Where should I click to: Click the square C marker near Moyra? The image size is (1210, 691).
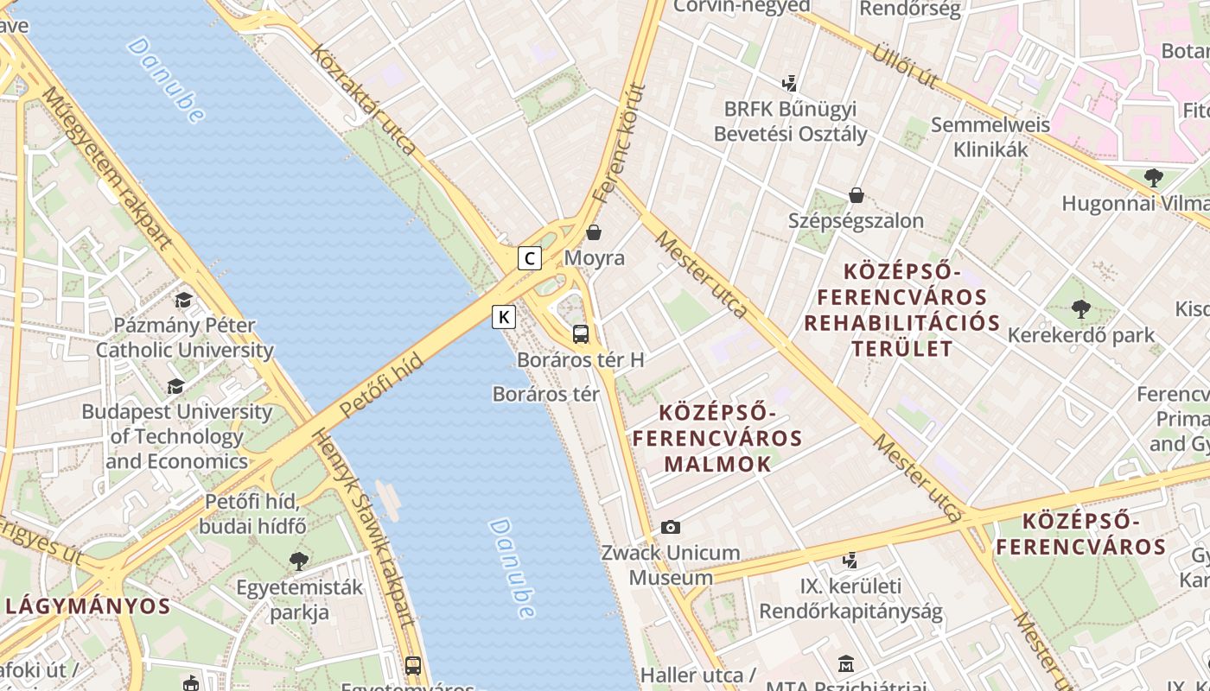tap(530, 258)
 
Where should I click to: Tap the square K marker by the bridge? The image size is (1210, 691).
tap(504, 317)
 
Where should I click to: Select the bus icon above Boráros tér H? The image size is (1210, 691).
tap(581, 334)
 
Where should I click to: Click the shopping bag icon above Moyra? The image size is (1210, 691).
tap(594, 232)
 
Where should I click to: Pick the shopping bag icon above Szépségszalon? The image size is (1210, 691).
tap(856, 195)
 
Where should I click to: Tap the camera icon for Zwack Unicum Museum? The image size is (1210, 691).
tap(670, 527)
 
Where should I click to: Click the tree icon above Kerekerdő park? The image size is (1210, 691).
tap(1080, 308)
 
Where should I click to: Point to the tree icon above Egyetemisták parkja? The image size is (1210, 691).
tap(299, 561)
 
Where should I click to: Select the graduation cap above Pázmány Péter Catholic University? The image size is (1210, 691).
tap(183, 300)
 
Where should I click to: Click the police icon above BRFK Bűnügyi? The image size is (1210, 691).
tap(788, 84)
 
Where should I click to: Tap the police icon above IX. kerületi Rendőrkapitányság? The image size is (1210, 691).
tap(850, 560)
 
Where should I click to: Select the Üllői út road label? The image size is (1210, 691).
tap(904, 63)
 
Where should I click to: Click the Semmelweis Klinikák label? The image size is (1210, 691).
tap(990, 136)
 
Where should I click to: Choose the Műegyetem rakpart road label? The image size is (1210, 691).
tap(107, 168)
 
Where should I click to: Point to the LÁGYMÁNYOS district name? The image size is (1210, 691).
tap(88, 605)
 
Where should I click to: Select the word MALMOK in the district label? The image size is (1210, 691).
tap(717, 464)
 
